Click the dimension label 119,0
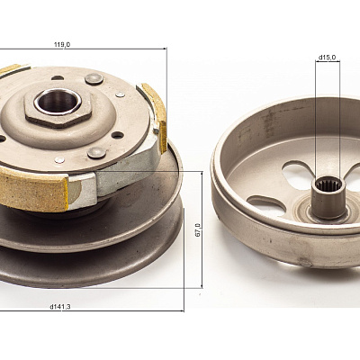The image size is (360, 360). (62, 45)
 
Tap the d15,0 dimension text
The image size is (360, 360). (328, 57)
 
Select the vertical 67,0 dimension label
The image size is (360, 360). (198, 229)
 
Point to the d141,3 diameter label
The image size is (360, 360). (60, 307)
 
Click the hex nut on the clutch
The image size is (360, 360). (58, 108)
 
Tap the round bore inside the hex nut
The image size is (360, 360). (58, 101)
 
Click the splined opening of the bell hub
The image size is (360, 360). (328, 184)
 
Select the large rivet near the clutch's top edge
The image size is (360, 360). (94, 79)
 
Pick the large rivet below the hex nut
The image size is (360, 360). (96, 153)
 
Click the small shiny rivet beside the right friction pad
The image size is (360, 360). (120, 94)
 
